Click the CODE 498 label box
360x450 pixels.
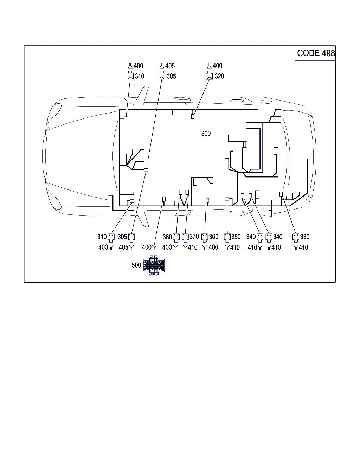coord(315,53)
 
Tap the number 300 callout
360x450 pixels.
coord(206,133)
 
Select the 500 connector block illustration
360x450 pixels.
coord(154,265)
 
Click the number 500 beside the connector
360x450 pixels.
coord(136,265)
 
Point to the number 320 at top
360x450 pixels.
coord(219,76)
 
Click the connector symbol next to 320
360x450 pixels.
coord(209,75)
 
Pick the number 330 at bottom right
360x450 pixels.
coord(304,237)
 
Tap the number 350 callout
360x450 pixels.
coord(236,237)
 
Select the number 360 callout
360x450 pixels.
coord(213,237)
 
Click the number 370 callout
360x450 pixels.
coord(194,237)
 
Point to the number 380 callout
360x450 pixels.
coord(167,237)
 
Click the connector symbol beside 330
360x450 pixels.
coord(296,238)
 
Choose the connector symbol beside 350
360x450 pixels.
coord(227,238)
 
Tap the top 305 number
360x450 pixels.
coord(171,76)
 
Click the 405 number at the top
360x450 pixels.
coord(170,66)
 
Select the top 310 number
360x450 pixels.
coord(139,76)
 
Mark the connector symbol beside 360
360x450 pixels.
coord(205,238)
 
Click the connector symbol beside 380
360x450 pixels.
coord(176,238)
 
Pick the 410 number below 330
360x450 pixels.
coord(303,247)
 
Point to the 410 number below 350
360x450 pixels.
coord(235,247)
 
